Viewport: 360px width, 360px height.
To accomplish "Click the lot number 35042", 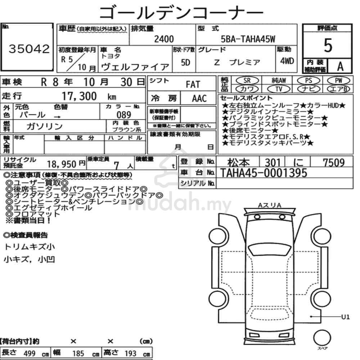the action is click(29, 49).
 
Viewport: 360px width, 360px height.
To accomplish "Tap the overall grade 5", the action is click(328, 45).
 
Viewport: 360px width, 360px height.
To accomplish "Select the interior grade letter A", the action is click(340, 67).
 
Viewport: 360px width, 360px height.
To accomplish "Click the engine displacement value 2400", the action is click(164, 39).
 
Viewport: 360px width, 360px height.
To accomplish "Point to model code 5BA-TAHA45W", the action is click(248, 39).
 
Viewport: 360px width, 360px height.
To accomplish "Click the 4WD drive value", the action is click(287, 61).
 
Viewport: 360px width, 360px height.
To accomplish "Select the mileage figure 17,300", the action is click(79, 96).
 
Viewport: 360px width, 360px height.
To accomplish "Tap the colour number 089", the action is click(124, 114).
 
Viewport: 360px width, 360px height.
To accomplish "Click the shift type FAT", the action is click(193, 85).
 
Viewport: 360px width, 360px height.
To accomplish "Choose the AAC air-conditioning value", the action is click(199, 99).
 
